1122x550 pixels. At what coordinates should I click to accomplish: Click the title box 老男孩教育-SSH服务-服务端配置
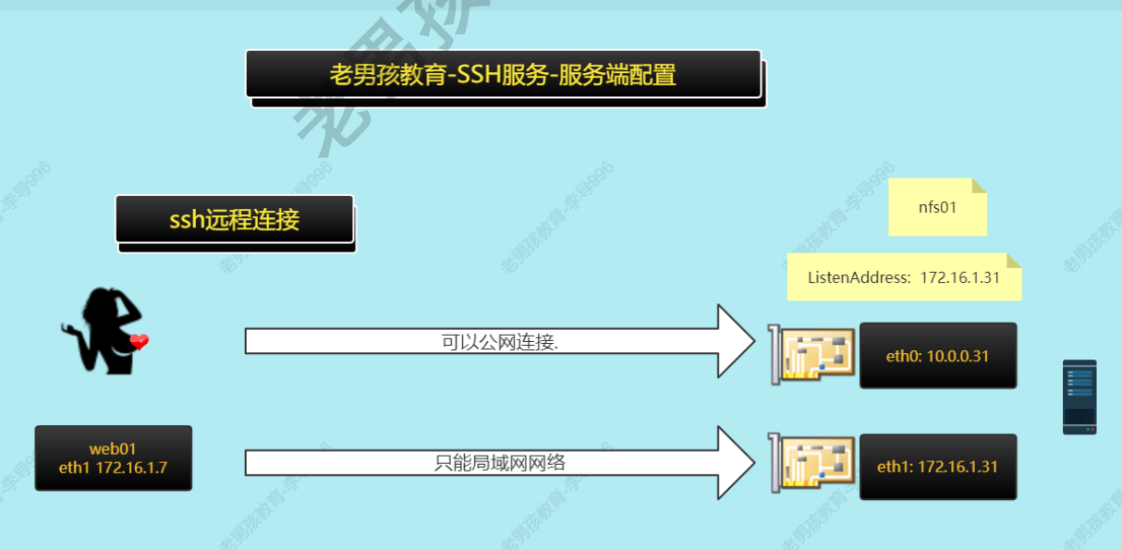pos(503,74)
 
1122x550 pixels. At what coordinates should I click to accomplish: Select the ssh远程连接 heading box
pos(235,219)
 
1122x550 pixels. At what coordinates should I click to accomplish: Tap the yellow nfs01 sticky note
pos(937,207)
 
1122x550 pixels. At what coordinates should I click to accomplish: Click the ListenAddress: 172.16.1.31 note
pos(903,277)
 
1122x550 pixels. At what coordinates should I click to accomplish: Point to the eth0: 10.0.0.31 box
pos(937,355)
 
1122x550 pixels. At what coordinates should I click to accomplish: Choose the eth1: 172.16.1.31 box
pos(937,467)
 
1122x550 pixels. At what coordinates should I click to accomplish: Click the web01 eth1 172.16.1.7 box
pos(113,458)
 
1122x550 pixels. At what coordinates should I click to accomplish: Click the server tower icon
pos(1079,397)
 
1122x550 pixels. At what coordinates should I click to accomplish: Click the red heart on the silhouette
pos(139,343)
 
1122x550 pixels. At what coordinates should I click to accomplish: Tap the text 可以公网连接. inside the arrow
pos(500,342)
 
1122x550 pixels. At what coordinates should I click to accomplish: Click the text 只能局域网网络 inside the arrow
pos(499,463)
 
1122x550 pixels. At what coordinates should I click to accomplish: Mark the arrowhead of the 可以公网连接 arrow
pos(736,341)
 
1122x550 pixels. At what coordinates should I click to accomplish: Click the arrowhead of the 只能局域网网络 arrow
pos(736,462)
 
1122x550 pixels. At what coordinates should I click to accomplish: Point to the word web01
pos(113,449)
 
